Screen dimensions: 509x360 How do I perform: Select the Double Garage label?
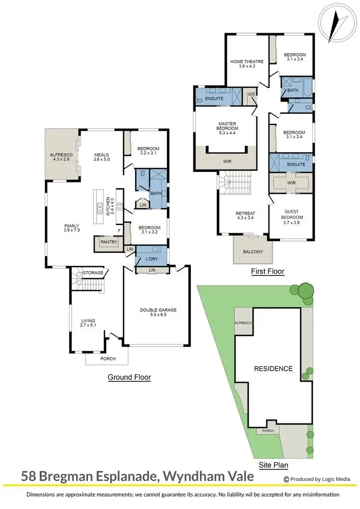click(x=158, y=310)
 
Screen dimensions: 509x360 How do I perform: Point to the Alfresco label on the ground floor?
click(x=62, y=155)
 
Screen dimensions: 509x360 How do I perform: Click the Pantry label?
click(x=108, y=242)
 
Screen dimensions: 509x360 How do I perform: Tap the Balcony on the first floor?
click(x=253, y=252)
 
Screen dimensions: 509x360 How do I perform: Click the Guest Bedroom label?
click(x=292, y=214)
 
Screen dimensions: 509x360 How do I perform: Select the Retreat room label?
click(x=245, y=214)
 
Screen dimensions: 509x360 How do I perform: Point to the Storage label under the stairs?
click(x=93, y=272)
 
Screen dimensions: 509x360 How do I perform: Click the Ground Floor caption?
click(x=129, y=377)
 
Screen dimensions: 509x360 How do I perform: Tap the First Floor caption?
click(x=268, y=271)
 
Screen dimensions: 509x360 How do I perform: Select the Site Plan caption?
click(x=273, y=466)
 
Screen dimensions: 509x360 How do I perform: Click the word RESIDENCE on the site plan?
click(x=273, y=369)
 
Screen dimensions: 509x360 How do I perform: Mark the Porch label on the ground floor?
click(x=108, y=359)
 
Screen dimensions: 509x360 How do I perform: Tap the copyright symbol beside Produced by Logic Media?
click(x=286, y=479)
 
